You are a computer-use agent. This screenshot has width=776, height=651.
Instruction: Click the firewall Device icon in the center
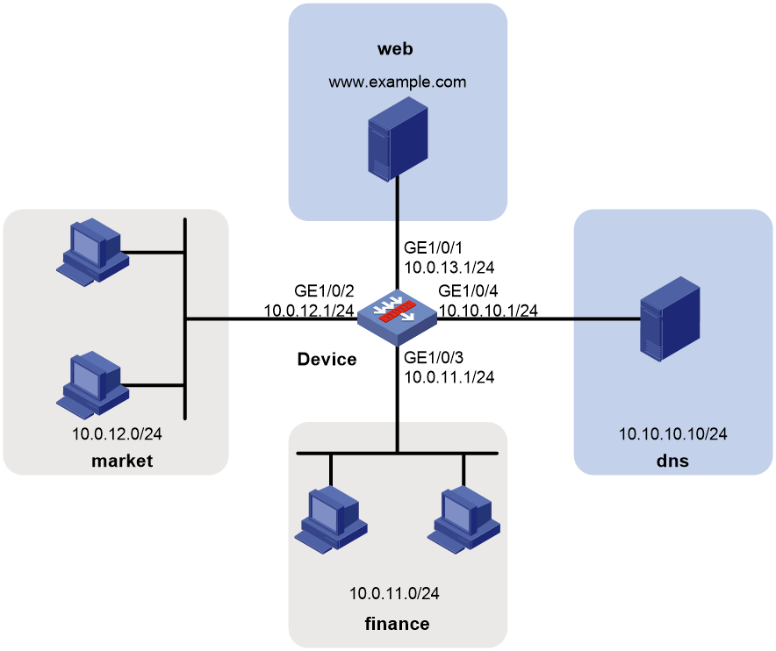point(397,318)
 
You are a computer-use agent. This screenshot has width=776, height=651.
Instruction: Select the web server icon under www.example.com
point(398,139)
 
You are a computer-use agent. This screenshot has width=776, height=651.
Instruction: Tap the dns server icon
point(670,319)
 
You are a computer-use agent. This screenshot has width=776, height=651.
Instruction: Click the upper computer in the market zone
point(92,252)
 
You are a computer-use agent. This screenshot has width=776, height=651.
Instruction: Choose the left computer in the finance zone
point(331,520)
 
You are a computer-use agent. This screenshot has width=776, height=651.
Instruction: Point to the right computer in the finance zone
point(463,520)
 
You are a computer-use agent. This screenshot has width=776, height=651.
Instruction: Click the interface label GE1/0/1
point(433,247)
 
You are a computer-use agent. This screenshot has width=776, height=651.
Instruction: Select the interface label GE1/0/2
point(324,290)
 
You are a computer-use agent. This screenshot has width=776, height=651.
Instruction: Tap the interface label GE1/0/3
point(434,357)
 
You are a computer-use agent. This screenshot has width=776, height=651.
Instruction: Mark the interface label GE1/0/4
point(468,290)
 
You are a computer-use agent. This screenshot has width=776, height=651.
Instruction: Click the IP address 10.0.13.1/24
point(449,268)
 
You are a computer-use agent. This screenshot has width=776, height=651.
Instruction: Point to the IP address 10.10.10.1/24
point(488,311)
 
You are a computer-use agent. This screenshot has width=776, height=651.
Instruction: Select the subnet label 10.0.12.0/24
point(117,433)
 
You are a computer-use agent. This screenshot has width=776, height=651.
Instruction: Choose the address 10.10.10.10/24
point(673,433)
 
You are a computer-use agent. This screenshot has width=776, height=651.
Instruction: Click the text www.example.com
point(398,82)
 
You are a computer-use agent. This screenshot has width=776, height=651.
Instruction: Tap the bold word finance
point(397,623)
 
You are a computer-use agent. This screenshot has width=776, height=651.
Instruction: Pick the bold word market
point(122,461)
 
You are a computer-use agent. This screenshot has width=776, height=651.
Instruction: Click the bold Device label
point(327,359)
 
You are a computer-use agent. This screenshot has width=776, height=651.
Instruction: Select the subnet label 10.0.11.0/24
point(394,593)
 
